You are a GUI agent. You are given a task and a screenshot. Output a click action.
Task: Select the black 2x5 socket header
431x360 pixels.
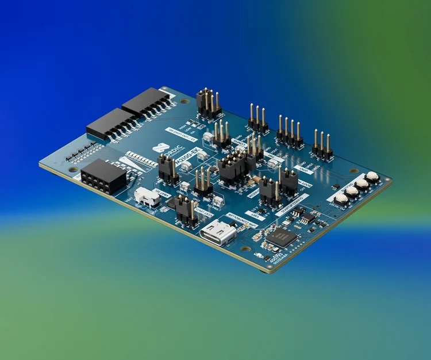[x=104, y=176]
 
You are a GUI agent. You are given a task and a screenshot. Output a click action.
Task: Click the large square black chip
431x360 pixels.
[x=281, y=237]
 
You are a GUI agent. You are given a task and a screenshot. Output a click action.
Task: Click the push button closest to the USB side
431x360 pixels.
[x=341, y=198]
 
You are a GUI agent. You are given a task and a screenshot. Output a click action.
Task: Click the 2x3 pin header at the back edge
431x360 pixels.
[x=207, y=103]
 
